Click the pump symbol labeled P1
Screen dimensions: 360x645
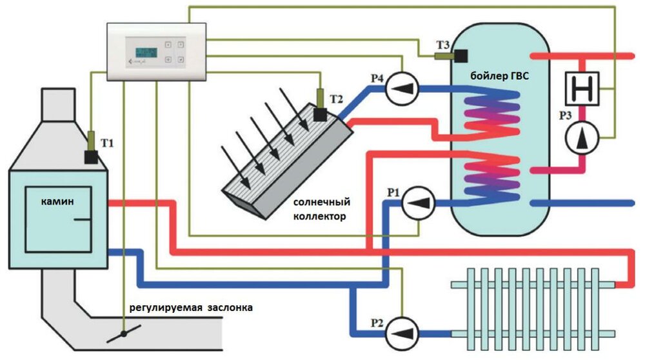418,203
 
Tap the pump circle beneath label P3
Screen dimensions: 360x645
582,136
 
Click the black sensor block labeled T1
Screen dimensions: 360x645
90,157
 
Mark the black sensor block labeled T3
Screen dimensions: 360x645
460,56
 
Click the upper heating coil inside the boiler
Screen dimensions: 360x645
493,113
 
